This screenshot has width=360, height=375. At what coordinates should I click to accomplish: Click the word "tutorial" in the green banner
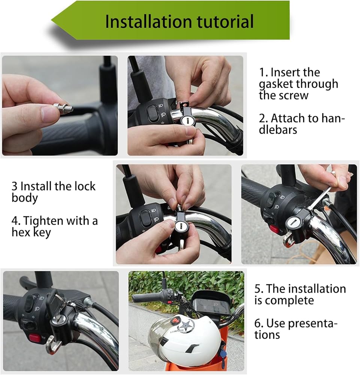pyautogui.click(x=225, y=21)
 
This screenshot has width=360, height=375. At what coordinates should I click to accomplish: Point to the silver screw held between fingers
pyautogui.click(x=63, y=108)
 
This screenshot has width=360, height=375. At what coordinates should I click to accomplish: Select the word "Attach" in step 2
pyautogui.click(x=287, y=118)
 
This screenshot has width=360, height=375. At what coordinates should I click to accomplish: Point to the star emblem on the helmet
pyautogui.click(x=187, y=326)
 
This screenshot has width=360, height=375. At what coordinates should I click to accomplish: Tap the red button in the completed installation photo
pyautogui.click(x=35, y=338)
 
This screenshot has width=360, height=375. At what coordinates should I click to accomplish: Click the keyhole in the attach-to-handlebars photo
pyautogui.click(x=186, y=120)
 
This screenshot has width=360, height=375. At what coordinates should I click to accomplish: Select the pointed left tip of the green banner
pyautogui.click(x=51, y=21)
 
